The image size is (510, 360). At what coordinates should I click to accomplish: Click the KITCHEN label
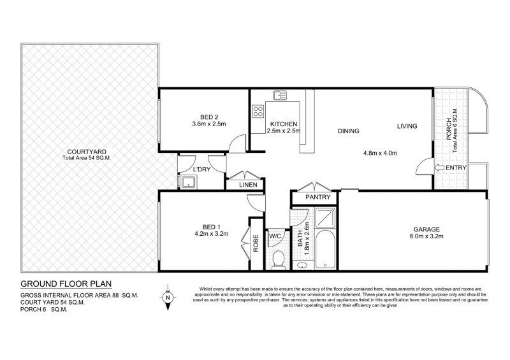click(x=282, y=124)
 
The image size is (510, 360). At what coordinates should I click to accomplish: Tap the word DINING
click(x=348, y=131)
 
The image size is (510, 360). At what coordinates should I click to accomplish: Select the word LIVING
click(x=407, y=126)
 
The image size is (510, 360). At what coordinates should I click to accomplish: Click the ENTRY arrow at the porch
click(x=439, y=168)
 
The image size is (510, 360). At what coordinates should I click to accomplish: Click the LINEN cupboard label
click(x=247, y=185)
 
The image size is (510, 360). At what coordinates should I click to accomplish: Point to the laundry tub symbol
click(x=188, y=182)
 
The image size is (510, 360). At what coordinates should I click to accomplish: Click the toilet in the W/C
click(x=277, y=258)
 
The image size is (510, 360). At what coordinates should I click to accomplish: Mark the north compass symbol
click(x=168, y=297)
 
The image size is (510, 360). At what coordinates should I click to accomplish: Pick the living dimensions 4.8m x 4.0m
click(x=380, y=153)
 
